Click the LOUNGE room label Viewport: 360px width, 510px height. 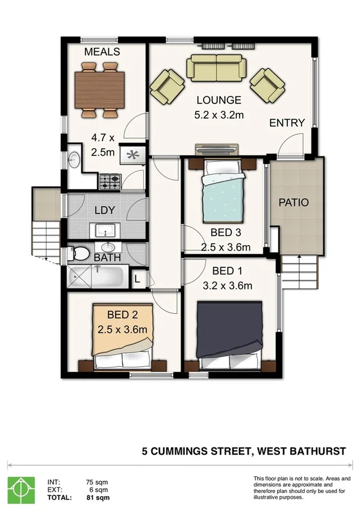pyautogui.click(x=218, y=100)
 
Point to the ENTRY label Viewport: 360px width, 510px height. pyautogui.click(x=287, y=123)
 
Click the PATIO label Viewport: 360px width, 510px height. pyautogui.click(x=294, y=202)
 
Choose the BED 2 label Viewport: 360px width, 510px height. pyautogui.click(x=123, y=314)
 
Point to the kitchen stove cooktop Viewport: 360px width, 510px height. pyautogui.click(x=110, y=179)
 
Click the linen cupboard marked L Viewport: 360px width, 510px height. pyautogui.click(x=137, y=278)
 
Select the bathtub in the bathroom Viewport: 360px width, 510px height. pyautogui.click(x=96, y=277)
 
